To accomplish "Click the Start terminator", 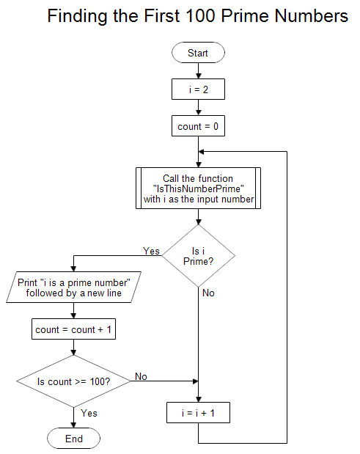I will point(198,53).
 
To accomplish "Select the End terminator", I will point(73,439).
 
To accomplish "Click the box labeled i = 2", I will point(198,89).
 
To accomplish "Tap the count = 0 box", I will point(198,126).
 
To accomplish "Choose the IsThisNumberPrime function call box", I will point(198,188).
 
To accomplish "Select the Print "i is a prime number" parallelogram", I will point(73,288).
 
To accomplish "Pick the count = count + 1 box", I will point(73,329).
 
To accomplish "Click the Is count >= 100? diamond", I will point(73,381).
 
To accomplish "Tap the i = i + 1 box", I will point(198,413).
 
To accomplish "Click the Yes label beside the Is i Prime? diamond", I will point(151,251).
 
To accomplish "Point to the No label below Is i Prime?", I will point(208,293).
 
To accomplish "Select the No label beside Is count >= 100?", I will point(140,376).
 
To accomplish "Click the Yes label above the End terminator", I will point(89,413).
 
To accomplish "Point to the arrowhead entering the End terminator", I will point(73,425).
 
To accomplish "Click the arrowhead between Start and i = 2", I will point(198,75).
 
